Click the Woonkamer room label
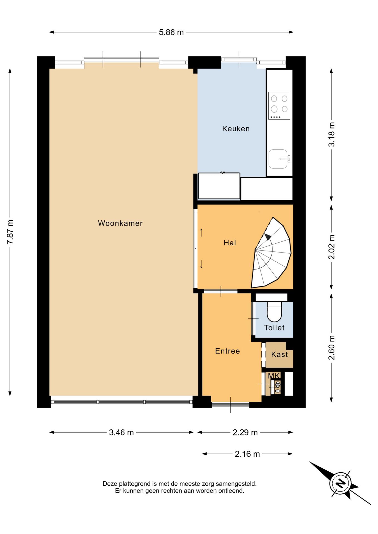tap(120, 223)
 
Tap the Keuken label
tap(236, 129)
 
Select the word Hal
tap(230, 243)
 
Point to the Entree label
tap(227, 351)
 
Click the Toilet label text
tap(274, 328)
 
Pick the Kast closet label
tap(279, 354)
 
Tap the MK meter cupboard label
tap(274, 376)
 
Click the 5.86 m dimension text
tap(171, 32)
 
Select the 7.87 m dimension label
tap(10, 232)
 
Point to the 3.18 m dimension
tap(332, 134)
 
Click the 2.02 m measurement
tap(332, 247)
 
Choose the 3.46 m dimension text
tap(121, 432)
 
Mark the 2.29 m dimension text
tap(245, 432)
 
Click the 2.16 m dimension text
tap(247, 454)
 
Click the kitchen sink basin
tap(278, 159)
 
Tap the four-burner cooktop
tap(279, 106)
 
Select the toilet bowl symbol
tap(274, 311)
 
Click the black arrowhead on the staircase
tap(267, 237)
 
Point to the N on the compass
tap(340, 483)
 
